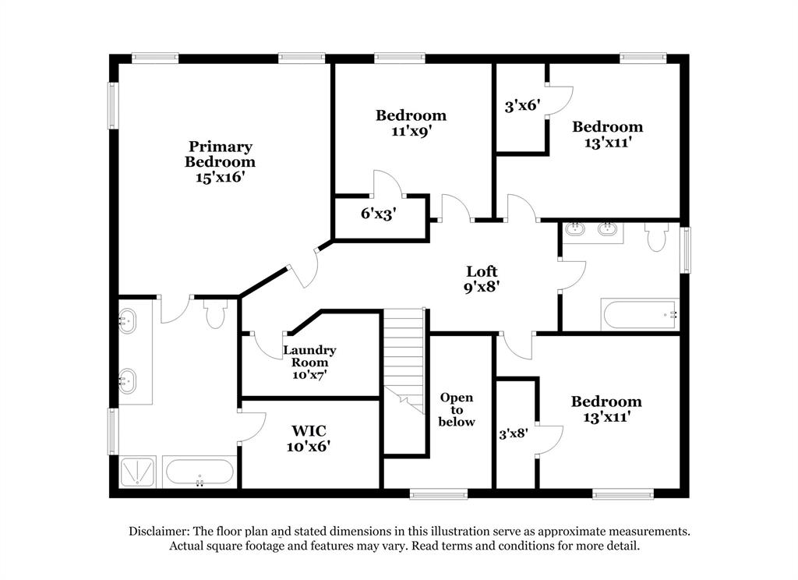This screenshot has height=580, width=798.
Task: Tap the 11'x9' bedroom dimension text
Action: click(x=411, y=131)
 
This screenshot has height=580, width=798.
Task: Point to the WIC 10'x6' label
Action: click(x=309, y=438)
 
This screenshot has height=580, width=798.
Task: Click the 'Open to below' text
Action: click(x=457, y=409)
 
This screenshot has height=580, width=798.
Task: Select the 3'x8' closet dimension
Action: click(x=514, y=433)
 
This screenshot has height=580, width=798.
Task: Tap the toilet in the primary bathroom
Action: click(x=214, y=314)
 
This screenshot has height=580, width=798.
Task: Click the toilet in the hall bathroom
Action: click(x=656, y=236)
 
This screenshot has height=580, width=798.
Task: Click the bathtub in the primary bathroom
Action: click(x=199, y=472)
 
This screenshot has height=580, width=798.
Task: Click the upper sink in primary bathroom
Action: click(x=126, y=320)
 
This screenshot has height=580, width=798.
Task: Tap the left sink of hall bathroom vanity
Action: click(x=576, y=230)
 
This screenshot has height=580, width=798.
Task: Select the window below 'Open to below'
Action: click(x=439, y=493)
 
